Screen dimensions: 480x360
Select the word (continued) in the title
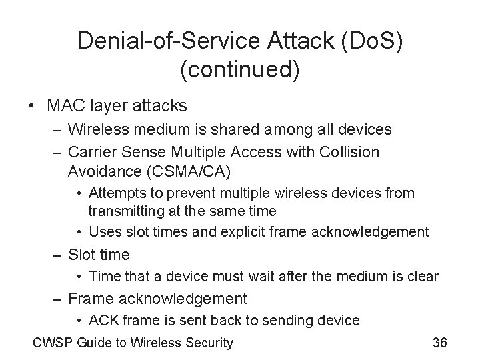239,68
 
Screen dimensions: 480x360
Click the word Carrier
93,152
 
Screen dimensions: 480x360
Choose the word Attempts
114,193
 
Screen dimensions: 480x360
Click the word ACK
102,321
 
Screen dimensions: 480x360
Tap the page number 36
439,343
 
